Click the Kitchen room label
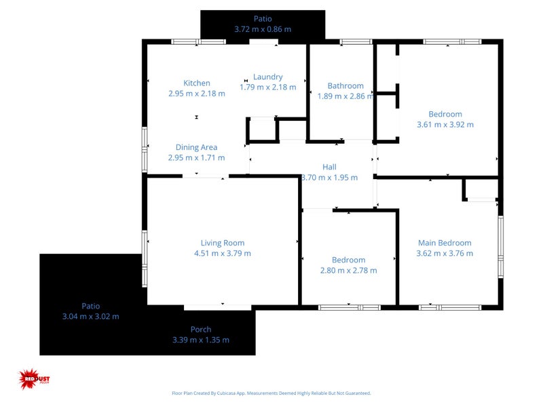pos(197,83)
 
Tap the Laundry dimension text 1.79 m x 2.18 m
pos(268,87)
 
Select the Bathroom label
pos(345,85)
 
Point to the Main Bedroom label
pos(445,243)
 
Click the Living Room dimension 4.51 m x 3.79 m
pos(223,253)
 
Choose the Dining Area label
pos(197,147)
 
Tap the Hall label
pos(329,167)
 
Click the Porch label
pos(201,330)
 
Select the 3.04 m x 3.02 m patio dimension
pos(90,316)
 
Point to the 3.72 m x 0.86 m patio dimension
pos(263,29)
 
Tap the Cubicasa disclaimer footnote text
pos(271,393)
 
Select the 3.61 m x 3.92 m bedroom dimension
pos(445,124)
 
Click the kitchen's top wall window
pos(198,42)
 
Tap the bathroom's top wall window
pos(351,42)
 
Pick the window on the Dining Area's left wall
pos(145,149)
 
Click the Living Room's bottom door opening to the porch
pos(208,307)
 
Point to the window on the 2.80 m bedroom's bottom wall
pos(349,307)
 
